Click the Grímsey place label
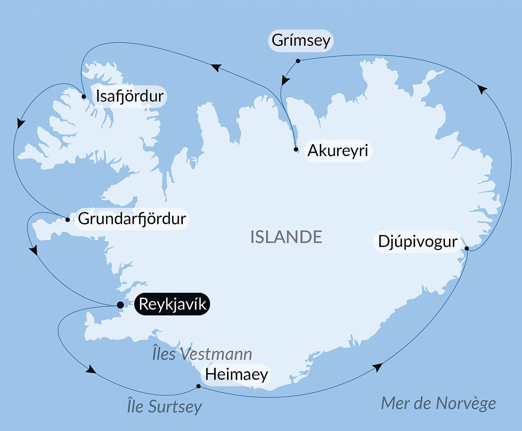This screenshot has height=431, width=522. coord(301,40)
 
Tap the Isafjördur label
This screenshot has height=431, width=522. coord(130,96)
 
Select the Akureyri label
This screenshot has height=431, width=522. coord(338,151)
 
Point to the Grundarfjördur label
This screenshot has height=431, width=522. coord(132,219)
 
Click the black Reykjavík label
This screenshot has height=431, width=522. coord(172,304)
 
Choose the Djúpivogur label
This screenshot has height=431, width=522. coord(417,241)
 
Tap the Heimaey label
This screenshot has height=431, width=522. coord(236,374)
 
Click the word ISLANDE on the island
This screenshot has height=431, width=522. coord(286,237)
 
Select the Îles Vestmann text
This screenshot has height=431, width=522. coord(202,354)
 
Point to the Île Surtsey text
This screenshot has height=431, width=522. coord(164,406)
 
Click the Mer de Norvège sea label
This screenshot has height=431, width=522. coord(438,403)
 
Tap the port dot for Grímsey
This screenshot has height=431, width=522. coord(298,61)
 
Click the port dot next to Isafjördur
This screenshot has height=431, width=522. coord(84,97)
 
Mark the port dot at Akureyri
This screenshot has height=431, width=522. coord(296,149)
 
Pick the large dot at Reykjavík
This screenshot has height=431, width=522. coord(120,305)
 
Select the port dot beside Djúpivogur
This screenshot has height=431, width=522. coord(467,248)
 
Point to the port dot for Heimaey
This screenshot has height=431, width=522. coord(198,386)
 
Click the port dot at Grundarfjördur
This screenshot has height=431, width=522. coord(68,219)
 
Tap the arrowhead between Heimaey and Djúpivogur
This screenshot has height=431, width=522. coord(377,367)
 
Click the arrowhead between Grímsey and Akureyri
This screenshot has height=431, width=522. coord(286,80)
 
